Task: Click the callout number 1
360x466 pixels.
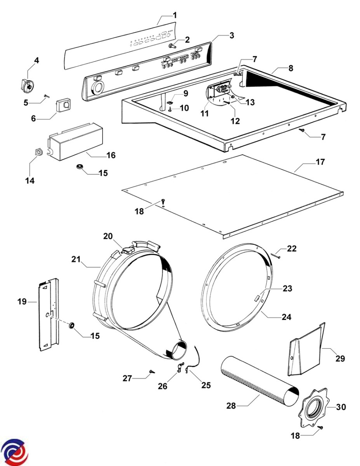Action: tap(175, 16)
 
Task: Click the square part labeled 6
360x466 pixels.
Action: tap(63, 105)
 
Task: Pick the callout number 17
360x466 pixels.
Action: tap(320, 162)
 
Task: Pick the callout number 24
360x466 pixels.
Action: tap(286, 316)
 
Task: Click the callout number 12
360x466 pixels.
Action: tap(235, 121)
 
